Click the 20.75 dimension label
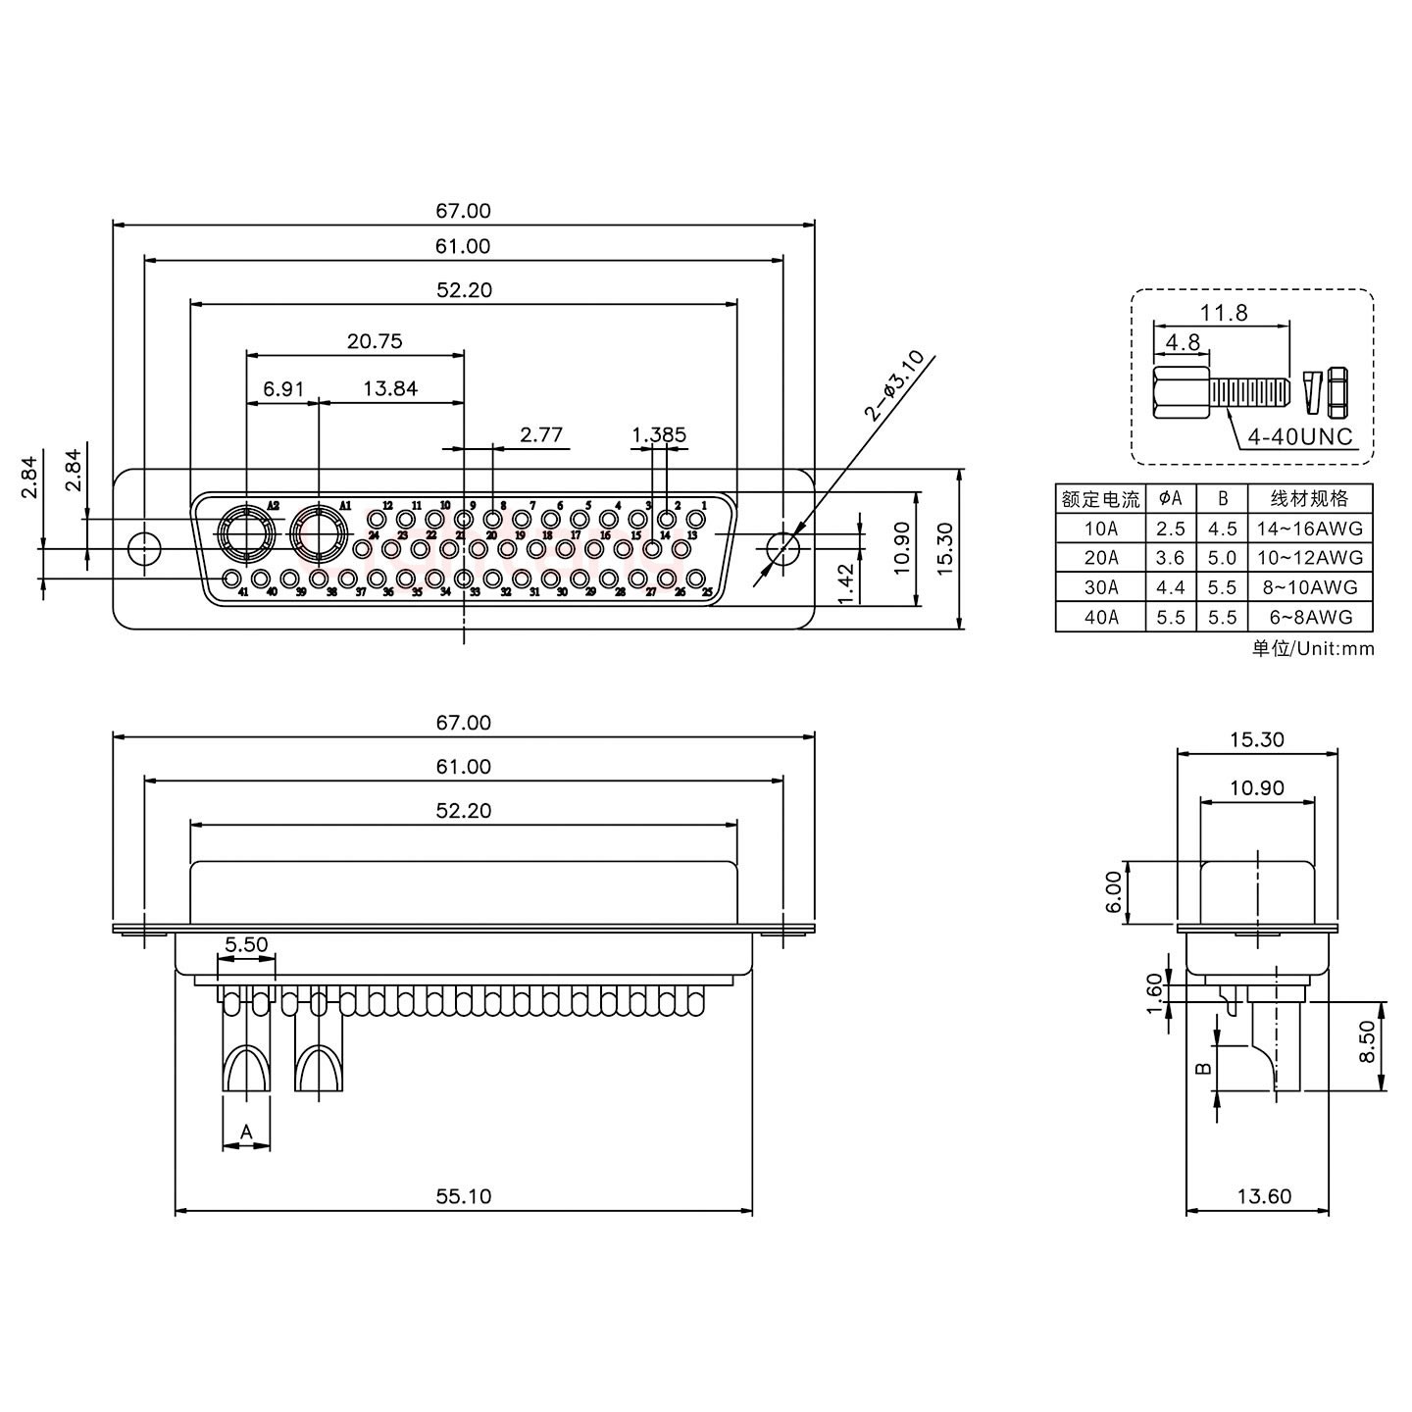tap(374, 341)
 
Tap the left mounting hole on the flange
tap(145, 547)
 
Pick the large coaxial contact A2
tap(243, 535)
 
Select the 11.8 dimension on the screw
tap(1224, 313)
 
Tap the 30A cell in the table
tap(1100, 587)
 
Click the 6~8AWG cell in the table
tap(1309, 617)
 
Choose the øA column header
tap(1170, 498)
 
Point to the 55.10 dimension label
tap(464, 1196)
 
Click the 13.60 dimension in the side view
tap(1264, 1196)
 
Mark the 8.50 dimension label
tap(1368, 1046)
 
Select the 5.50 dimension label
tap(246, 945)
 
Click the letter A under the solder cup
tap(246, 1133)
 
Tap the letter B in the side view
tap(1204, 1069)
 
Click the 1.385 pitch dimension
tap(659, 434)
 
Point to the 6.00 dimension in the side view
tap(1113, 892)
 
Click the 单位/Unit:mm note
tap(1313, 648)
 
